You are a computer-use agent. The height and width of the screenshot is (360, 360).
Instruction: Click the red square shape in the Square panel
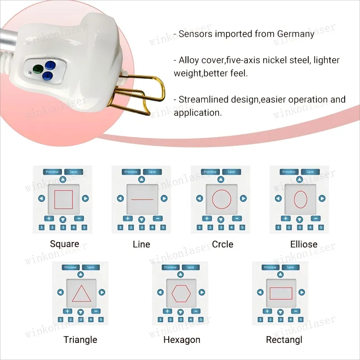[x=63, y=199]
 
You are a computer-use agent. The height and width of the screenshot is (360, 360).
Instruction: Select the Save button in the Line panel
[x=152, y=172]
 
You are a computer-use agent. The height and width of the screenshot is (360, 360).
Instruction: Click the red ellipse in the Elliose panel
[x=300, y=199]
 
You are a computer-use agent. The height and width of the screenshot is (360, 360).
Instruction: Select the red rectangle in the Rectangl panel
[x=281, y=293]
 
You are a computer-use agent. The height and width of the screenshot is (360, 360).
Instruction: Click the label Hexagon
[x=182, y=339]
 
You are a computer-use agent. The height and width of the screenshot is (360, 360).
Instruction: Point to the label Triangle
[x=81, y=339]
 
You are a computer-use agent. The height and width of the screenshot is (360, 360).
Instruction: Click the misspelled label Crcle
[x=223, y=244]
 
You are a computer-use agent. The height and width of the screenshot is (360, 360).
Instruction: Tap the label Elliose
[x=304, y=244]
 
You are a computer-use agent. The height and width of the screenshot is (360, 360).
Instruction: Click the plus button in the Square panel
[x=48, y=219]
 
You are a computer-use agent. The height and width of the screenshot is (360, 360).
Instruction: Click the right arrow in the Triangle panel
[x=102, y=292]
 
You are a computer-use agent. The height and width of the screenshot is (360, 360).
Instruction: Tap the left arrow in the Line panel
[x=120, y=198]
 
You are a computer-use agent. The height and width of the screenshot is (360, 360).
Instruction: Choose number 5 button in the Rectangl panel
[x=301, y=319]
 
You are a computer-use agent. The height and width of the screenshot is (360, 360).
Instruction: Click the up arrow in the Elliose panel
[x=300, y=179]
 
